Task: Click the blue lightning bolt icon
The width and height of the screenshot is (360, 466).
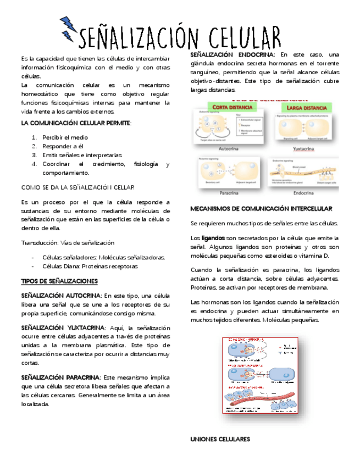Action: [68, 28]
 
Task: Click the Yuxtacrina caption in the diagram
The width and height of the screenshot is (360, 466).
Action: [303, 148]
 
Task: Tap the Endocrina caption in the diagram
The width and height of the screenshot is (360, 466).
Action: [303, 193]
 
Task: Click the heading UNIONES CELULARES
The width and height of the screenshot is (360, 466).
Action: [220, 439]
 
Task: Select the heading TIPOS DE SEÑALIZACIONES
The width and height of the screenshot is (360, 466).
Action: [59, 281]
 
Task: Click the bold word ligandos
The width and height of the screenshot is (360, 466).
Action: [213, 238]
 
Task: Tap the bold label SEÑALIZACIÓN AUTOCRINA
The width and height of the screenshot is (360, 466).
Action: [60, 296]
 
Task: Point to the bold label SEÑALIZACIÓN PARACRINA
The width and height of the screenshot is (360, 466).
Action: [60, 378]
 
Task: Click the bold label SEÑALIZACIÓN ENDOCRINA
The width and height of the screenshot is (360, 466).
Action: [231, 55]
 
